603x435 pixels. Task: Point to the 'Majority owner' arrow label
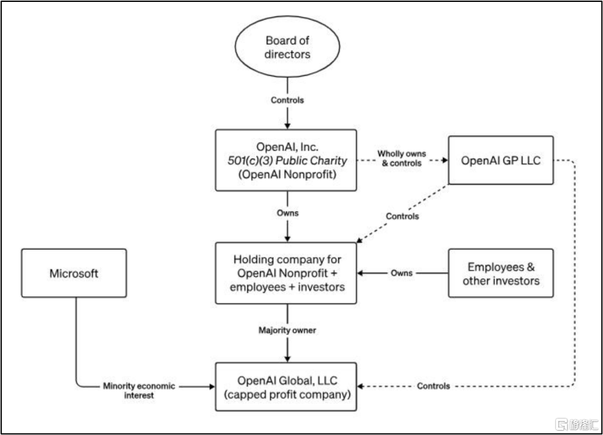point(287,330)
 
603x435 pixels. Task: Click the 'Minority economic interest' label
point(139,391)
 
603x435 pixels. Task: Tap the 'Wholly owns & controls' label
point(401,158)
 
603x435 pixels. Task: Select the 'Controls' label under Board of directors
point(287,100)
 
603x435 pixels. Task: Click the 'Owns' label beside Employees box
point(401,273)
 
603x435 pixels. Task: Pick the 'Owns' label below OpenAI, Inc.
point(287,213)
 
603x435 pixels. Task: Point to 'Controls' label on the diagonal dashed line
point(402,217)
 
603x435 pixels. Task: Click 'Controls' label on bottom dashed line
point(433,386)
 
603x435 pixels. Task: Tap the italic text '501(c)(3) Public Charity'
point(287,161)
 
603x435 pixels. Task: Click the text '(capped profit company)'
point(287,395)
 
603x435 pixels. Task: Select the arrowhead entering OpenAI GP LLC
point(445,160)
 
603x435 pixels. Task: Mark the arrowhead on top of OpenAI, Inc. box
point(287,126)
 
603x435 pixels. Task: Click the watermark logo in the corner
point(577,424)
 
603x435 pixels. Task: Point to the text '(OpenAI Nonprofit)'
point(287,175)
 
